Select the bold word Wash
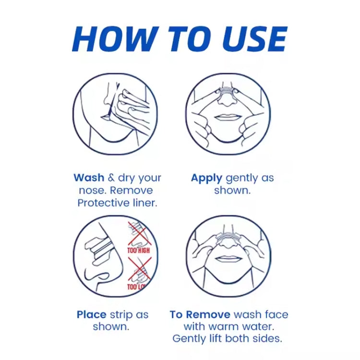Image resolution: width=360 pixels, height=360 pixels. click(89, 178)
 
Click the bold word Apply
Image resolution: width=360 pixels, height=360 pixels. click(206, 179)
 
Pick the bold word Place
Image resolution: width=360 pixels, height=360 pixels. click(91, 314)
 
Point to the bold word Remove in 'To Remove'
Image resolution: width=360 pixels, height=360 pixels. click(208, 314)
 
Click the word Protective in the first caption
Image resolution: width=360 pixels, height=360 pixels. click(104, 203)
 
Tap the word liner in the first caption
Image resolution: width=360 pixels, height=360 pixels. click(145, 203)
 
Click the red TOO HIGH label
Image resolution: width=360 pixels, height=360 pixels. click(138, 250)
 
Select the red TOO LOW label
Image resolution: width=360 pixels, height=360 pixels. click(137, 287)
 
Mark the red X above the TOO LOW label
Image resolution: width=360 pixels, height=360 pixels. click(140, 269)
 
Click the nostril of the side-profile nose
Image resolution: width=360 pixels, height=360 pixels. click(101, 276)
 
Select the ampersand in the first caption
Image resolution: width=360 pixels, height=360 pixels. click(111, 178)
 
